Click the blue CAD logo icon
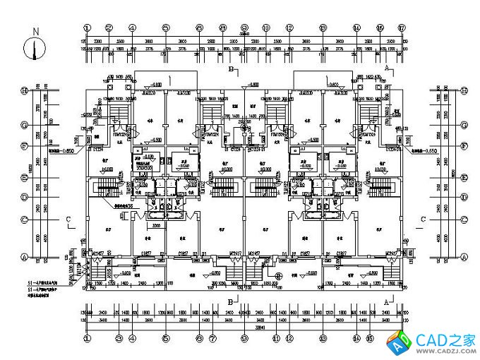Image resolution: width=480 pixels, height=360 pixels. (402, 343)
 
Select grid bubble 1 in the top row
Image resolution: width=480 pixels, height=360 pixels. (87, 28)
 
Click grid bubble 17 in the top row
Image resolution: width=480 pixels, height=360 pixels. (401, 28)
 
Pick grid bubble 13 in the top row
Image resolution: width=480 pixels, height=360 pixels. (323, 28)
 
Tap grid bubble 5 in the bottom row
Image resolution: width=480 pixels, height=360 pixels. (165, 338)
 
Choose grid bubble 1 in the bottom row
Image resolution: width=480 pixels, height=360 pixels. (87, 338)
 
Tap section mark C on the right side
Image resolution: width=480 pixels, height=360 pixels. (423, 220)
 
